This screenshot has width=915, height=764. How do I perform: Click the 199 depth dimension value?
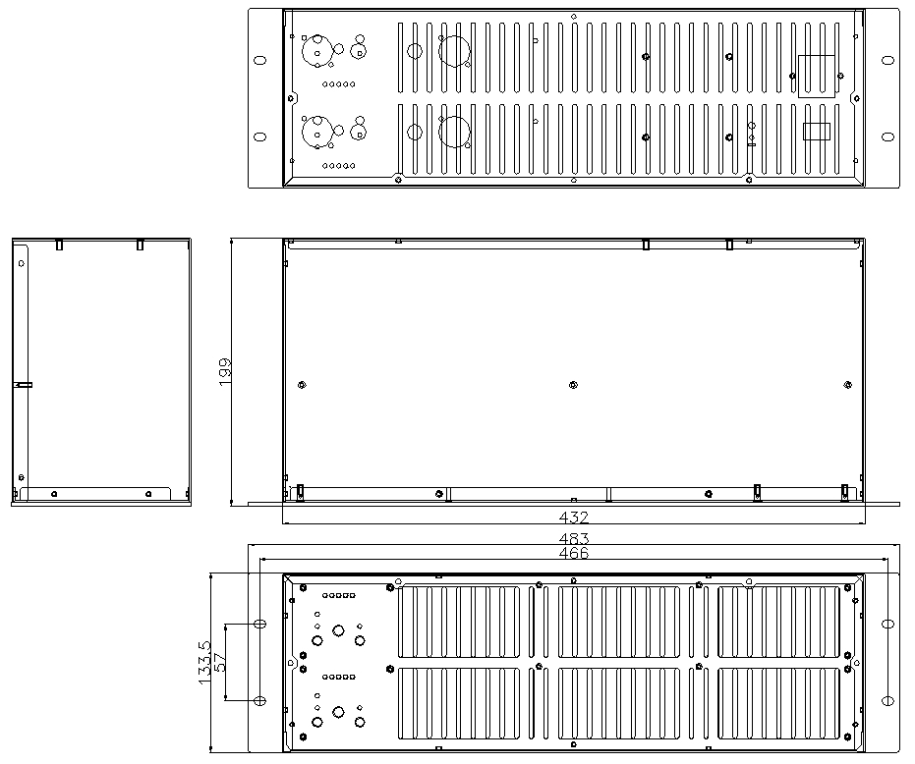[225, 371]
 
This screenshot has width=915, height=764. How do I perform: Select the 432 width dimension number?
[574, 517]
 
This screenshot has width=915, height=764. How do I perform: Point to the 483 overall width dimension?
[574, 538]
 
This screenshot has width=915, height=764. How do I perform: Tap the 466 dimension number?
[574, 553]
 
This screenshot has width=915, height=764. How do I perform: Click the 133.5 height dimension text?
[204, 663]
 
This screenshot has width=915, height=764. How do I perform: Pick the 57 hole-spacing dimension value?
[220, 663]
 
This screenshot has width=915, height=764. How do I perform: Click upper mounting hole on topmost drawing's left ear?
[260, 60]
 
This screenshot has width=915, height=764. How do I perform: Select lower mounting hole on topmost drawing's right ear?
[887, 137]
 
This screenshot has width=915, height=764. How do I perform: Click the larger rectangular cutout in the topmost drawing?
[817, 77]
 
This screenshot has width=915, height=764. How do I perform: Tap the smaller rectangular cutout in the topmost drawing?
[817, 132]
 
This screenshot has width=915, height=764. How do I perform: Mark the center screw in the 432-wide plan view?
[573, 385]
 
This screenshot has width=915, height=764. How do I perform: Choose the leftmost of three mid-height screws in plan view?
[302, 385]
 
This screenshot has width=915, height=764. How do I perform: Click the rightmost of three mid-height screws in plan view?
[848, 385]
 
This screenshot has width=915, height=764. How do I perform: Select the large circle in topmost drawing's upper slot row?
[454, 51]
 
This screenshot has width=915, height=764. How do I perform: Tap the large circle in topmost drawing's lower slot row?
[454, 132]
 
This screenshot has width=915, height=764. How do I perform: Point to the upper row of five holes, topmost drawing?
[338, 84]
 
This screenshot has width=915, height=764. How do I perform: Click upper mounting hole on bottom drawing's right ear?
[887, 625]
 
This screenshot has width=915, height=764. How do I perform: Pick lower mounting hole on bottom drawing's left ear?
[260, 700]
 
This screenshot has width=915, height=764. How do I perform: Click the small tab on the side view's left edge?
[23, 385]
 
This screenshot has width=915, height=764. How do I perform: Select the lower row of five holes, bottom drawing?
[338, 678]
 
